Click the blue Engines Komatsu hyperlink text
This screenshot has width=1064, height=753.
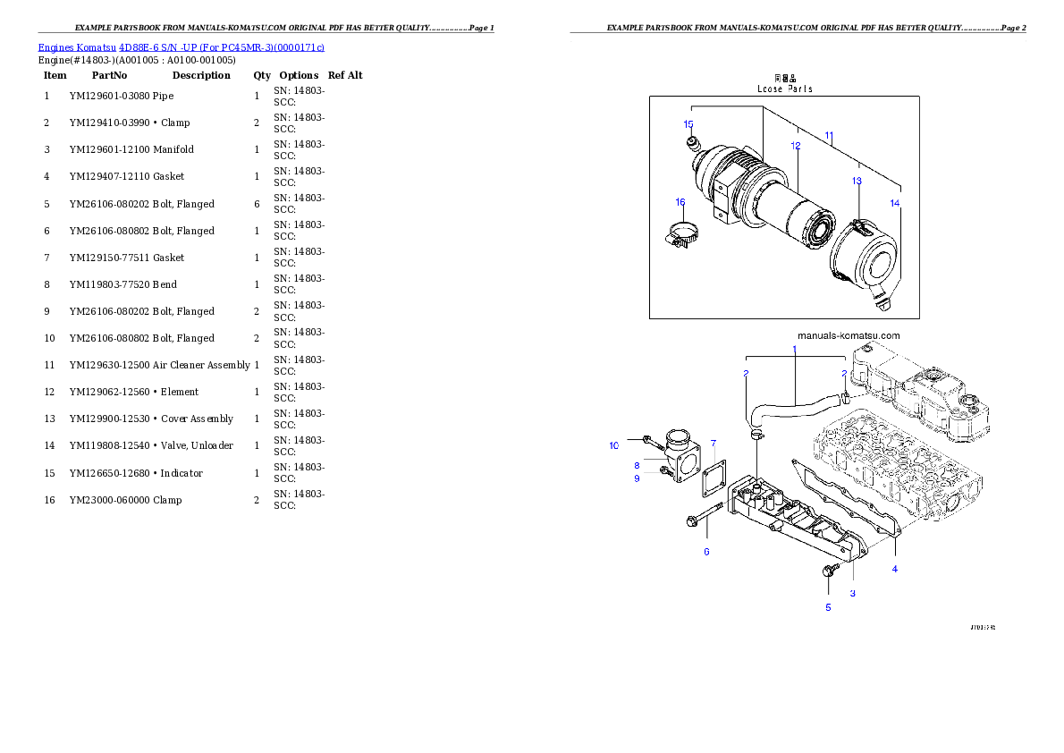pyautogui.click(x=181, y=47)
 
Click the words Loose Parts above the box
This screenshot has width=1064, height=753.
pyautogui.click(x=785, y=89)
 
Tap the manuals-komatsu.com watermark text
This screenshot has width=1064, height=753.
pyautogui.click(x=848, y=335)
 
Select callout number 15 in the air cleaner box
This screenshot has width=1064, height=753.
pyautogui.click(x=688, y=123)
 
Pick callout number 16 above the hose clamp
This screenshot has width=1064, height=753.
pyautogui.click(x=680, y=202)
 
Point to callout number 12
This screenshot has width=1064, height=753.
pyautogui.click(x=795, y=145)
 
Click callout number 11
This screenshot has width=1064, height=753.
pyautogui.click(x=829, y=136)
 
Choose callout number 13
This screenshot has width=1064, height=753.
pyautogui.click(x=857, y=181)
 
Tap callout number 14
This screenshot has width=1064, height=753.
pyautogui.click(x=895, y=203)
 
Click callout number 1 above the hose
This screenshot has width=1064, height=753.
pyautogui.click(x=794, y=348)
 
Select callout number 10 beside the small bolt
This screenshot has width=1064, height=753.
pyautogui.click(x=614, y=445)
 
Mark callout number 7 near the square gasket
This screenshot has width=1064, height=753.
pyautogui.click(x=713, y=443)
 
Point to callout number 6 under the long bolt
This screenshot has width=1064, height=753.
pyautogui.click(x=706, y=552)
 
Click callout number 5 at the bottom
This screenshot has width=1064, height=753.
pyautogui.click(x=828, y=607)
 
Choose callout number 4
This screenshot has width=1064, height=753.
pyautogui.click(x=894, y=569)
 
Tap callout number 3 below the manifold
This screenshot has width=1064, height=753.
pyautogui.click(x=852, y=593)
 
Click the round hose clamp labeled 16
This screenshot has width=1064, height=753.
pyautogui.click(x=681, y=236)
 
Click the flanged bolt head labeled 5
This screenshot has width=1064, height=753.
pyautogui.click(x=828, y=571)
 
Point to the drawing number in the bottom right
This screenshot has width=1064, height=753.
pyautogui.click(x=982, y=627)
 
